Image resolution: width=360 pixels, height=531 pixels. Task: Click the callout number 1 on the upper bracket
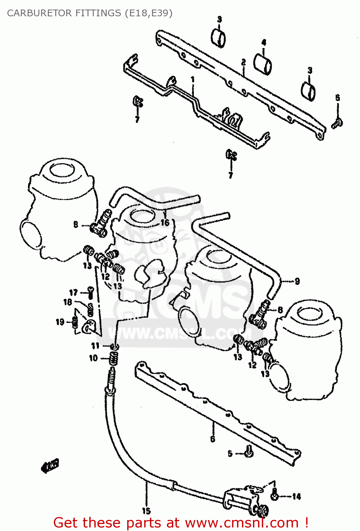click(193, 80)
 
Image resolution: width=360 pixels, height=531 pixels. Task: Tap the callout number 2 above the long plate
click(243, 63)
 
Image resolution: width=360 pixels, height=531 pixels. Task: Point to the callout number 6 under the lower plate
click(213, 439)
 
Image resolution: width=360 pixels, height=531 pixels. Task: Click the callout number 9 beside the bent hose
click(297, 281)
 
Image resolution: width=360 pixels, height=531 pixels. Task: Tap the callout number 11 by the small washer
click(95, 346)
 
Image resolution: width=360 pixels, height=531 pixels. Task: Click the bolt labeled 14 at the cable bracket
click(274, 496)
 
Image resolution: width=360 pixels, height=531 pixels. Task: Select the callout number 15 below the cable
click(146, 511)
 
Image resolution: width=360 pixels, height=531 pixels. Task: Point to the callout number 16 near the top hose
click(165, 223)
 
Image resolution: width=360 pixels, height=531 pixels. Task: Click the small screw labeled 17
click(91, 292)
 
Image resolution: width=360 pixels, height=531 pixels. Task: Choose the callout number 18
click(68, 302)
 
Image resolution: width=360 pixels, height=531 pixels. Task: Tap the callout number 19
click(60, 322)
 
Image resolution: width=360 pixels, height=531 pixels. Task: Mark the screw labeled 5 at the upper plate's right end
click(337, 123)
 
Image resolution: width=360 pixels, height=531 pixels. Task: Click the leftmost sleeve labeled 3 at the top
click(219, 38)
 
